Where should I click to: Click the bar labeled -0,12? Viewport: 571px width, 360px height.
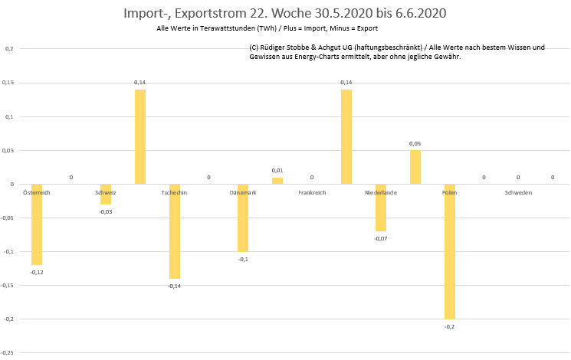point(37,224)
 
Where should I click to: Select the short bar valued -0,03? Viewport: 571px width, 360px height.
point(106,195)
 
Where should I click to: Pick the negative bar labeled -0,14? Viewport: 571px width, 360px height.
point(174,231)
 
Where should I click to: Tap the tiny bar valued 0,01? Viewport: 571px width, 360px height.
point(277,181)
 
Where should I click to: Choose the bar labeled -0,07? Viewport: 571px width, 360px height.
point(381,208)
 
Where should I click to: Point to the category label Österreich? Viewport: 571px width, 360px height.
point(37,192)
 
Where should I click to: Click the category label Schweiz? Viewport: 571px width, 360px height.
point(106,192)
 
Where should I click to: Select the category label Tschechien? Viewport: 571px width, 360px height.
point(174,192)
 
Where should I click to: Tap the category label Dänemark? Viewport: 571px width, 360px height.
point(243,192)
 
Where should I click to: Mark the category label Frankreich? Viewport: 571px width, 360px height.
point(312,192)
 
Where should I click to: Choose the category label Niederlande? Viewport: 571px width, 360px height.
point(381,192)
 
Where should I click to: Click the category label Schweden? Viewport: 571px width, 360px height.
point(518,192)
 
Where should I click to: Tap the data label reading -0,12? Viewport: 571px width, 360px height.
point(37,272)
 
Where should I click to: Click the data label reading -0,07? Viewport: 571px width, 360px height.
point(381,238)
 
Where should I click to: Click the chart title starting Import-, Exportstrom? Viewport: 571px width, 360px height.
point(285,14)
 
